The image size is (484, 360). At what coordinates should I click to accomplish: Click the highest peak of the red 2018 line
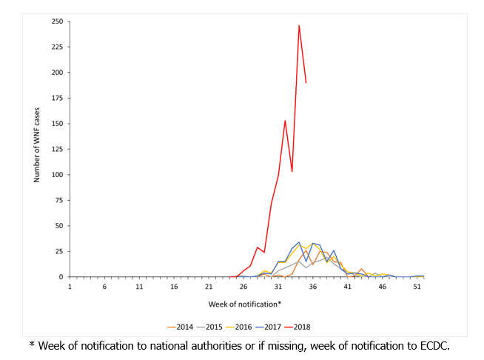point(299,26)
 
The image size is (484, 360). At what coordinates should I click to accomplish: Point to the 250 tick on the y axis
point(56,21)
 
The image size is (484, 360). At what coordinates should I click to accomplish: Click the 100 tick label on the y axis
point(56,175)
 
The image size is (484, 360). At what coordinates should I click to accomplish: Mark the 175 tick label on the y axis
point(56,98)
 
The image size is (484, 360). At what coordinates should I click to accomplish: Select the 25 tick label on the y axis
point(58,251)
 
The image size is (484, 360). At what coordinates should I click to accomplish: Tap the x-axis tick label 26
point(243,286)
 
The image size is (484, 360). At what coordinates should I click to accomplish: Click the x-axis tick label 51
point(417,286)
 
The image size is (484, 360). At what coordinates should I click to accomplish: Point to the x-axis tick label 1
point(70,286)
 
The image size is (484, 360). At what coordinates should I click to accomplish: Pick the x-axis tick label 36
point(312,286)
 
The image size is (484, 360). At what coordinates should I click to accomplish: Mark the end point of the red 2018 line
point(306,82)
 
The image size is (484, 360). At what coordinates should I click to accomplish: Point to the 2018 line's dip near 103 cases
point(292,172)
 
